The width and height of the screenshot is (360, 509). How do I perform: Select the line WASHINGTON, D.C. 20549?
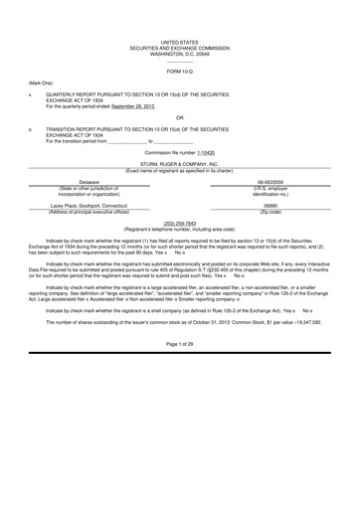point(180,52)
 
